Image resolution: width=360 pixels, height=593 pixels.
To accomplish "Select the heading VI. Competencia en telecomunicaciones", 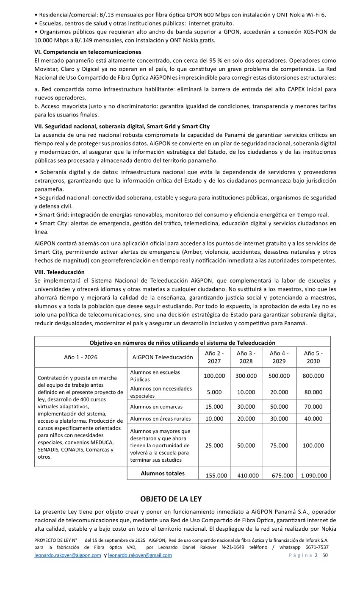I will [x=88, y=52].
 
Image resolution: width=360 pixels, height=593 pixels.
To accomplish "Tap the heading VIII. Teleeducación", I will [x=59, y=272].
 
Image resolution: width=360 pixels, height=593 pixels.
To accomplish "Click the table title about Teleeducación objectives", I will [x=182, y=343].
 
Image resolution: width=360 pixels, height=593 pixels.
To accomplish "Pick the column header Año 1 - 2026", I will [x=80, y=357].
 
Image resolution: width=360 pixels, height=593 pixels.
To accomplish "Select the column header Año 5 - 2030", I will [x=313, y=357].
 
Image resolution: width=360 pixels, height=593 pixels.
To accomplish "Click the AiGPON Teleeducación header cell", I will [x=162, y=357].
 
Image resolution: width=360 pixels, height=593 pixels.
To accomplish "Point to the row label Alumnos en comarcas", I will [x=156, y=407].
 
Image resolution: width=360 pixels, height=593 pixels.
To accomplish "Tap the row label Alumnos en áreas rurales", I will [x=160, y=418].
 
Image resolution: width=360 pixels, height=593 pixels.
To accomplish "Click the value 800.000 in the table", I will [x=313, y=376].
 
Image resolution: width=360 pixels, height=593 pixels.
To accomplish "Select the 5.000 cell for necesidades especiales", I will [x=214, y=392].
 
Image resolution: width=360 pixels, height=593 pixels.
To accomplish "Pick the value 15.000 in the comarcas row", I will [x=214, y=407].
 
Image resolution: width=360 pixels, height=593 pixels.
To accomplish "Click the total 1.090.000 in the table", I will [x=314, y=475].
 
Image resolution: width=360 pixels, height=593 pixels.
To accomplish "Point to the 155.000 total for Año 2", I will [x=216, y=475].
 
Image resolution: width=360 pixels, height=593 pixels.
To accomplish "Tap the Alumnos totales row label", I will [x=163, y=473].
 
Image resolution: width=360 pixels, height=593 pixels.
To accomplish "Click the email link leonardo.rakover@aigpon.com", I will [x=68, y=555].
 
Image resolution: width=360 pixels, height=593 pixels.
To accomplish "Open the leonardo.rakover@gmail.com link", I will [x=140, y=555].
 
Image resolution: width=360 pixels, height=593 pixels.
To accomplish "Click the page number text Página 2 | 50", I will [x=308, y=555].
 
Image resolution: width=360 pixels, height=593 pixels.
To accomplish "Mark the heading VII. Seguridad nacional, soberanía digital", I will [x=122, y=126].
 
